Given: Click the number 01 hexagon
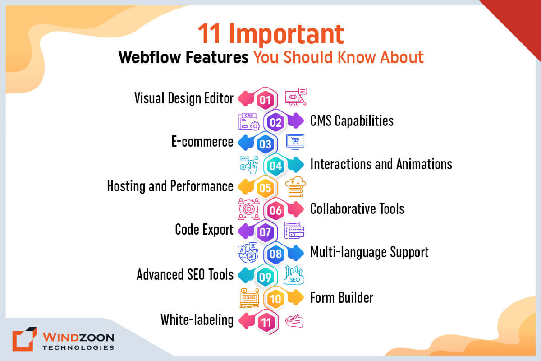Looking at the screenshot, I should pyautogui.click(x=265, y=99).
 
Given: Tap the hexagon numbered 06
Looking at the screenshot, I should pyautogui.click(x=275, y=210).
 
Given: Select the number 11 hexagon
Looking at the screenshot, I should pyautogui.click(x=265, y=321).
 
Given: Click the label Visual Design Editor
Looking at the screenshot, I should pyautogui.click(x=184, y=98).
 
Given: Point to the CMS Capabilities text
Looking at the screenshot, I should pyautogui.click(x=352, y=121).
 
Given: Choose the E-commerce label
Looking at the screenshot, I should pyautogui.click(x=202, y=142).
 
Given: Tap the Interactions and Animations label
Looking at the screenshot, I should pyautogui.click(x=381, y=164).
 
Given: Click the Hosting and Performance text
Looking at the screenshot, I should pyautogui.click(x=170, y=186).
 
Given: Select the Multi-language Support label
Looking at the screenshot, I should pyautogui.click(x=369, y=252).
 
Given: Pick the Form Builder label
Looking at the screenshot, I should pyautogui.click(x=341, y=298).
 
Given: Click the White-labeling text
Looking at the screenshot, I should pyautogui.click(x=197, y=320).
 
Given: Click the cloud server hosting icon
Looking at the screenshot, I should pyautogui.click(x=295, y=187).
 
